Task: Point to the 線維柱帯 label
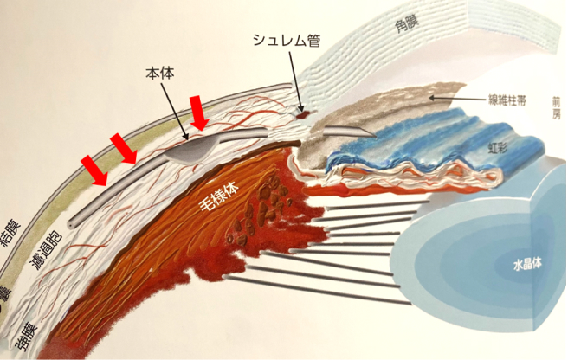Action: [x=505, y=100]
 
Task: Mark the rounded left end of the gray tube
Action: [x=74, y=212]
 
